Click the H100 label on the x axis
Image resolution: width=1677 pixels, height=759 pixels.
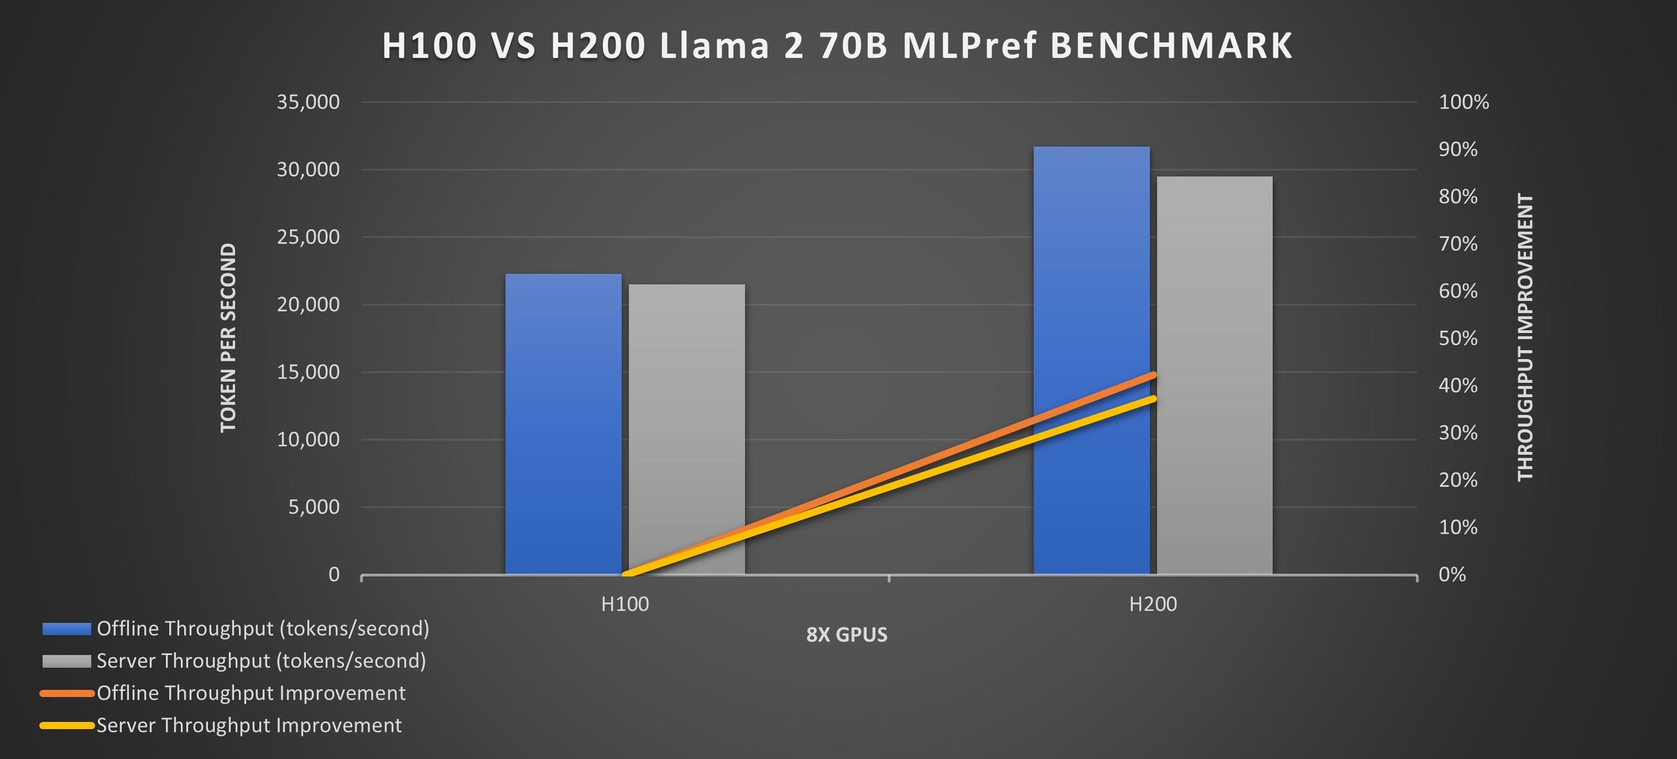coord(625,604)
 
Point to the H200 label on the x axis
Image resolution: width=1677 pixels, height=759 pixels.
coord(1153,604)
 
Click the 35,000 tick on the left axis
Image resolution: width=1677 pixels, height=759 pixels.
coord(308,102)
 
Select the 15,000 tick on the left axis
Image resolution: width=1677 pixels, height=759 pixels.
coord(308,372)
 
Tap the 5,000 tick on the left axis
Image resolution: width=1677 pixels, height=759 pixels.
coord(314,507)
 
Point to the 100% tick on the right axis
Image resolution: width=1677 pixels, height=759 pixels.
coord(1463,102)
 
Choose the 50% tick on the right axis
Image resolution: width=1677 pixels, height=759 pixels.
coord(1458,338)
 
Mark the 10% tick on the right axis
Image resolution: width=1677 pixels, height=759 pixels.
coord(1458,527)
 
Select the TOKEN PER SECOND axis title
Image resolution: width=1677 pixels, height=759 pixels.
coord(228,338)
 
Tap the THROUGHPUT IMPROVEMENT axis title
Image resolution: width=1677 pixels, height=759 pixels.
coord(1526,338)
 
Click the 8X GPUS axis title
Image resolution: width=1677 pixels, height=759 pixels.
coord(846,634)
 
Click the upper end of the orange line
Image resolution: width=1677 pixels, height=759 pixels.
coord(1153,375)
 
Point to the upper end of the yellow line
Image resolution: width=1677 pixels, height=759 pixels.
coord(1153,399)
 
